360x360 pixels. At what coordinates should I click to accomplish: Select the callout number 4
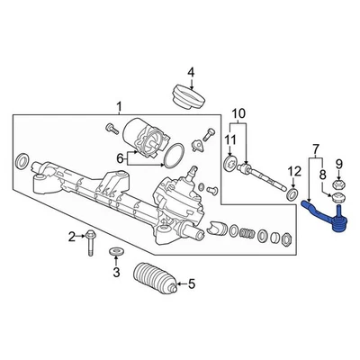pos(190,72)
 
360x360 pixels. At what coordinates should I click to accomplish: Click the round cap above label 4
pos(189,97)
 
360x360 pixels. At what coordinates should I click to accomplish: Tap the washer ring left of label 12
pos(293,194)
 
